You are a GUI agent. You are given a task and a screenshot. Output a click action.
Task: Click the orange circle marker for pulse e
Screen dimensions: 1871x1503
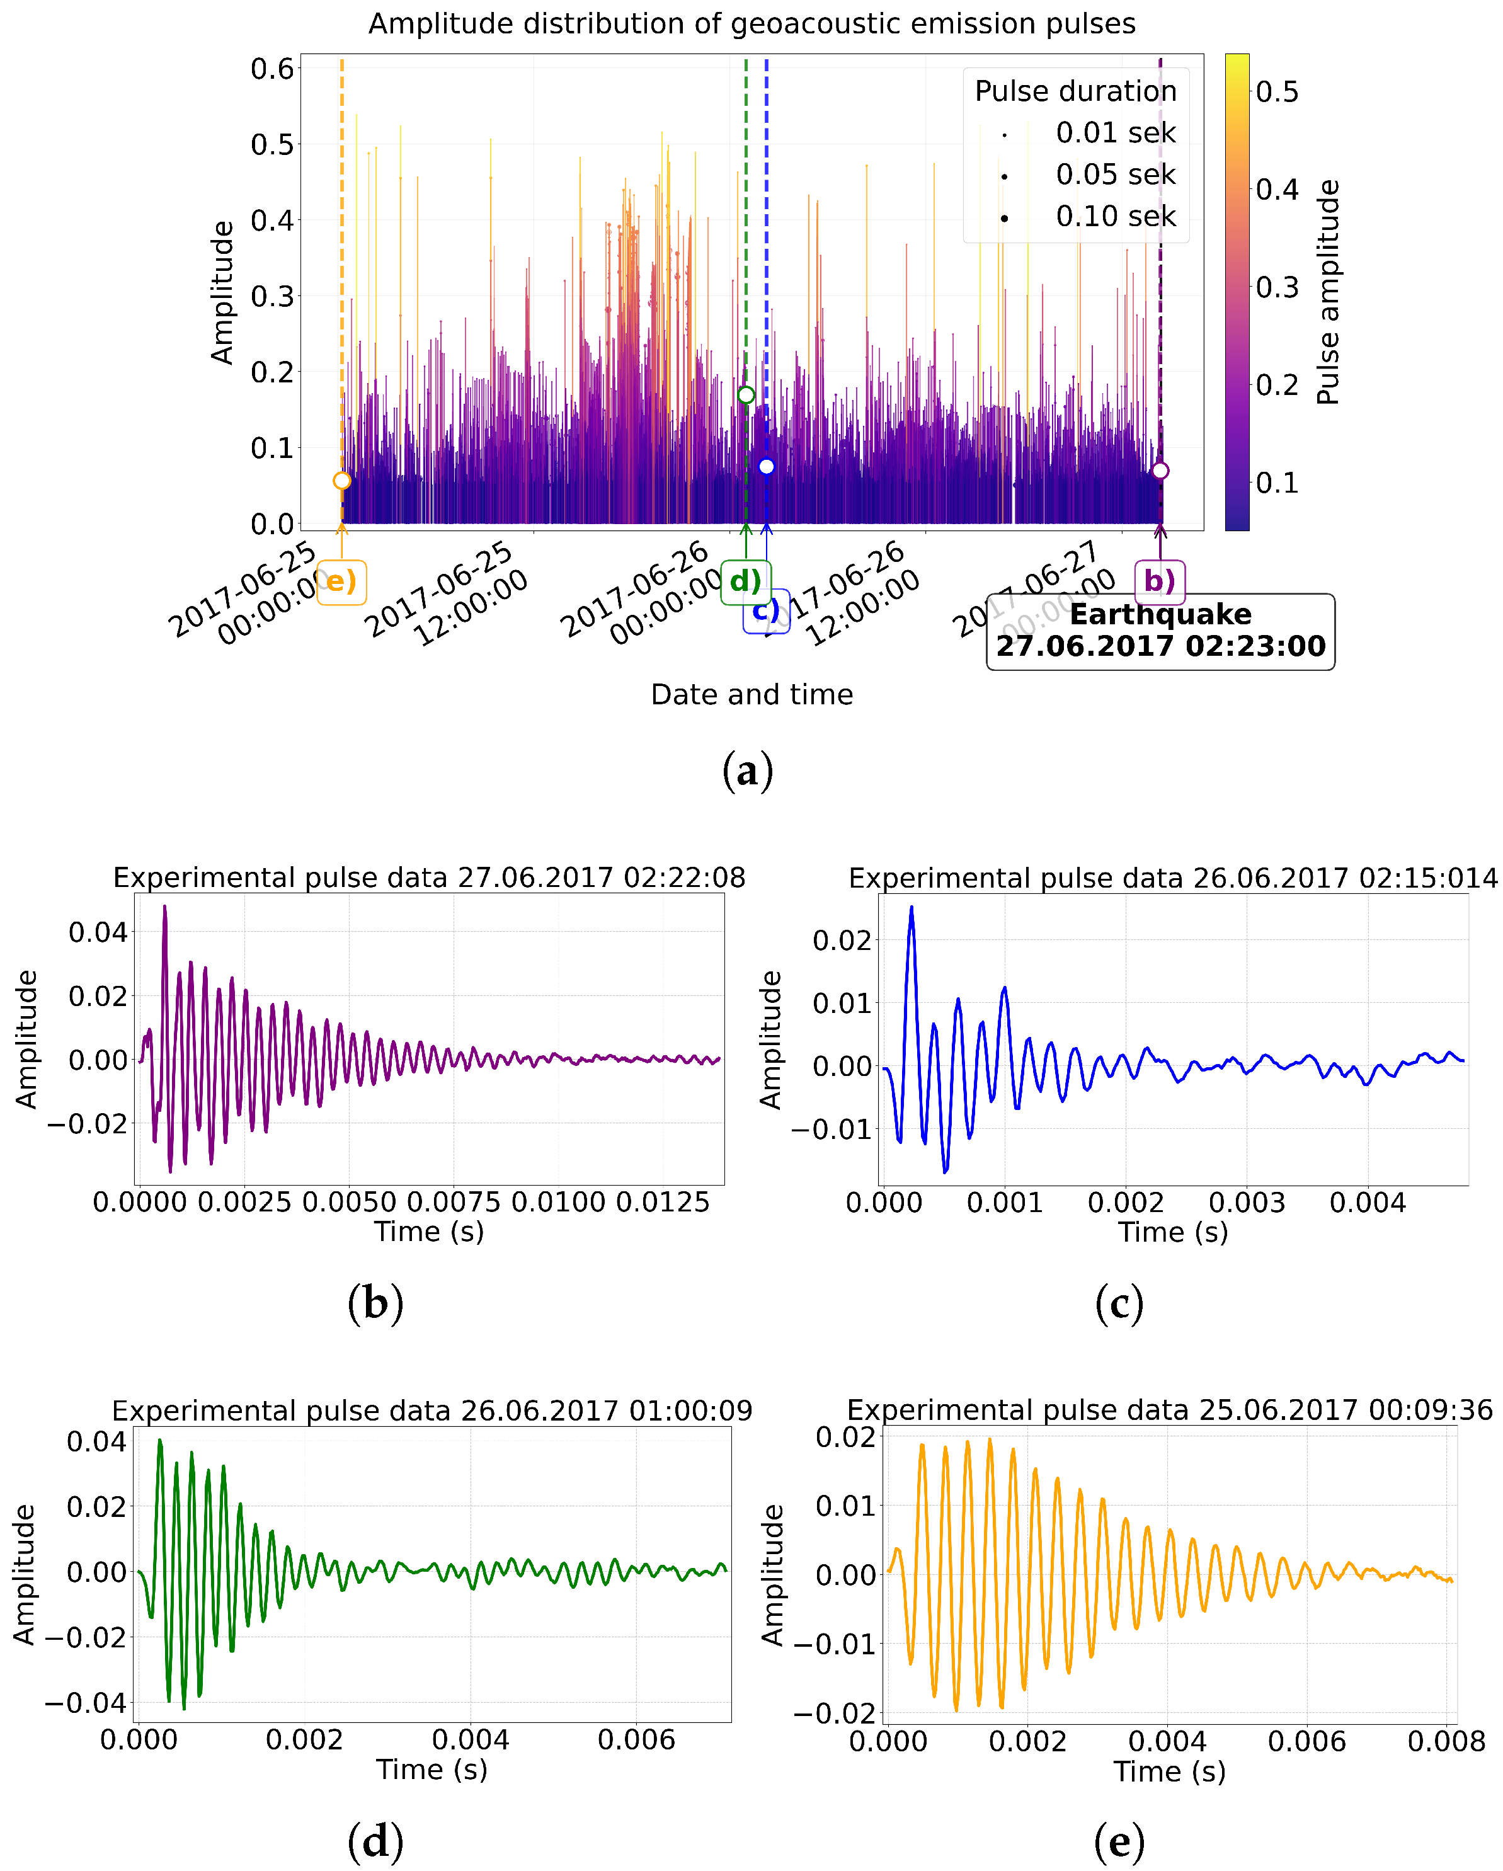[x=342, y=481]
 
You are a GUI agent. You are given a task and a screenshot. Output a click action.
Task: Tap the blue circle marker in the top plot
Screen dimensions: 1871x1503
[x=766, y=467]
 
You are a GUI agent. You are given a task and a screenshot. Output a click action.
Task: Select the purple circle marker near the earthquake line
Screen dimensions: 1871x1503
[x=1160, y=471]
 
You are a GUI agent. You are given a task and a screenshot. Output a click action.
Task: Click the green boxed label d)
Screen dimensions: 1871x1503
[x=745, y=581]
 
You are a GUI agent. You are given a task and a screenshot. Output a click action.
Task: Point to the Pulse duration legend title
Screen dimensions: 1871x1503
[x=1075, y=91]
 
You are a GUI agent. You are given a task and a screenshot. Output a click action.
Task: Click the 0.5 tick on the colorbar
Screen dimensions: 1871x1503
[x=1277, y=92]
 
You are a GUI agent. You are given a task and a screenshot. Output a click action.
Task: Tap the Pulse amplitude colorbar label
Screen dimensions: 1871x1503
[x=1329, y=292]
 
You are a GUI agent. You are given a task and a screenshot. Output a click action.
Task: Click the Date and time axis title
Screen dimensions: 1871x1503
[x=751, y=694]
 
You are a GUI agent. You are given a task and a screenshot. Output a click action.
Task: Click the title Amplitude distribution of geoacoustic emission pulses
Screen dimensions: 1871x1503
[x=751, y=23]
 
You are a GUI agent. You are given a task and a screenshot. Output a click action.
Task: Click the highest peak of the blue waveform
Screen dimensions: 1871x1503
[x=911, y=908]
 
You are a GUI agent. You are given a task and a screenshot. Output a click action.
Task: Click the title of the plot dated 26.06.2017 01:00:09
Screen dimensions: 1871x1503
[x=432, y=1411]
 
